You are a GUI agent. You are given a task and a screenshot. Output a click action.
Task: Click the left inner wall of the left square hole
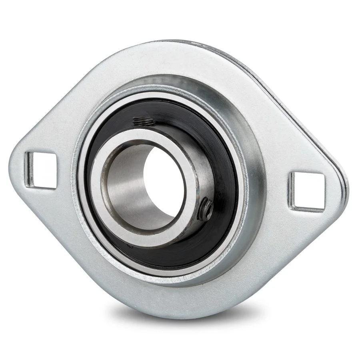[29, 168]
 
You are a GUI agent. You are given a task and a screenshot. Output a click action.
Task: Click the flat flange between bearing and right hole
[276, 176]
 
